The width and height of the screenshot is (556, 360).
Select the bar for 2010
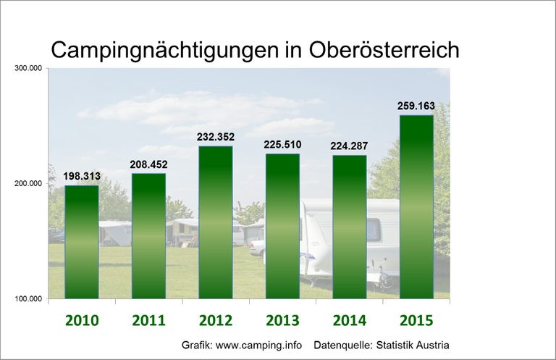coord(82,242)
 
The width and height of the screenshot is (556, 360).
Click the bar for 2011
coord(148,235)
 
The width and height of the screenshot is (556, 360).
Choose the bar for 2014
coord(350,227)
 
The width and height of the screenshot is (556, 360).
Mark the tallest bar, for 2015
coord(417,206)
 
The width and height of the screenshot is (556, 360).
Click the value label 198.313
coord(82,175)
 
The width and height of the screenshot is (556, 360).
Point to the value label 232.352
coord(216,136)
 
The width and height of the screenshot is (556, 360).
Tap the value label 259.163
coord(416,106)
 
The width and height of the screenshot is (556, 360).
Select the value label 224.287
coord(350,146)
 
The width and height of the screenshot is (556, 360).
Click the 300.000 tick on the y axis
coord(28,69)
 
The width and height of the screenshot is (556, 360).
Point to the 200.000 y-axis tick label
coord(28,184)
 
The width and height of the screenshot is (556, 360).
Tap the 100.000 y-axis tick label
coord(28,298)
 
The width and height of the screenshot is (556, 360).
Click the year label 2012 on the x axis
coord(216,320)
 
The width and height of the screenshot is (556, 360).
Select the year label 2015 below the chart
coord(417,320)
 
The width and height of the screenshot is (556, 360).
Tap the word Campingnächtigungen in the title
coord(173,51)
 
